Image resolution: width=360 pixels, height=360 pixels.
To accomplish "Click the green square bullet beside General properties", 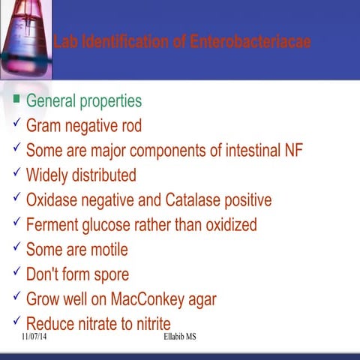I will tap(16, 99).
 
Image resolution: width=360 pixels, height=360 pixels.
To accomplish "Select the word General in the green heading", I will tap(53, 100).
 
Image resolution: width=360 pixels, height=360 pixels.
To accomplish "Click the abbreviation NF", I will tap(293, 150).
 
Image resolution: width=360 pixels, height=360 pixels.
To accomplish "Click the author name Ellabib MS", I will tap(179, 338).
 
